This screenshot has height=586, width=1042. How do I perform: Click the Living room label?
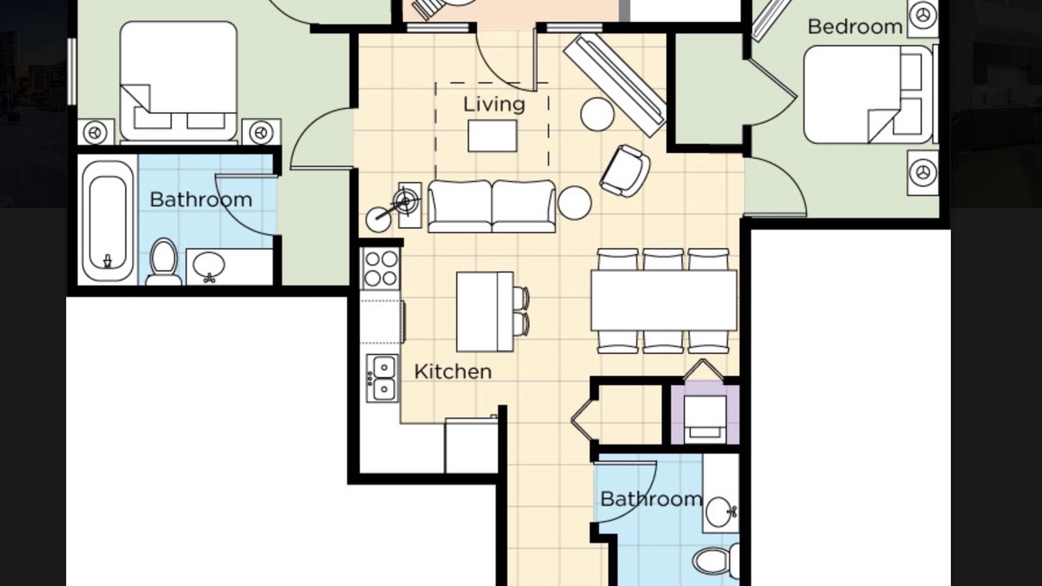[494, 104]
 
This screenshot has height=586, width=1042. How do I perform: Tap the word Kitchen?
[453, 372]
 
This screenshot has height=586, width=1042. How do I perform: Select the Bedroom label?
[855, 27]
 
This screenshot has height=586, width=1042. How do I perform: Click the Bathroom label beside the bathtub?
[201, 200]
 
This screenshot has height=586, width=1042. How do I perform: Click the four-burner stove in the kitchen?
[381, 269]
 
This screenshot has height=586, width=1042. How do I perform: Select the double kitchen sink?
[383, 378]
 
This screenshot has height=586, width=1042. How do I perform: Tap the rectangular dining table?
[663, 300]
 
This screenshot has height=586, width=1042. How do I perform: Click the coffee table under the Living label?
[493, 136]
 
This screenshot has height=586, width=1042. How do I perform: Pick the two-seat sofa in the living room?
[492, 207]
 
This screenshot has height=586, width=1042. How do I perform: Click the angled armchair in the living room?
[624, 171]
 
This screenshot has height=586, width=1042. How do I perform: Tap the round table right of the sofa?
[575, 203]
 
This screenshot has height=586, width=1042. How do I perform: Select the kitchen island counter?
[484, 312]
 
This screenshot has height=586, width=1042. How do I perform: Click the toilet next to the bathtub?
[164, 262]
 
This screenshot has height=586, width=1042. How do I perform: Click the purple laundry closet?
[705, 412]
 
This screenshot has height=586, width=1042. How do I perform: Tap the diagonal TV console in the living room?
[615, 86]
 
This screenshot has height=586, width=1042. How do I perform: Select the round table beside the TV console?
[598, 115]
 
